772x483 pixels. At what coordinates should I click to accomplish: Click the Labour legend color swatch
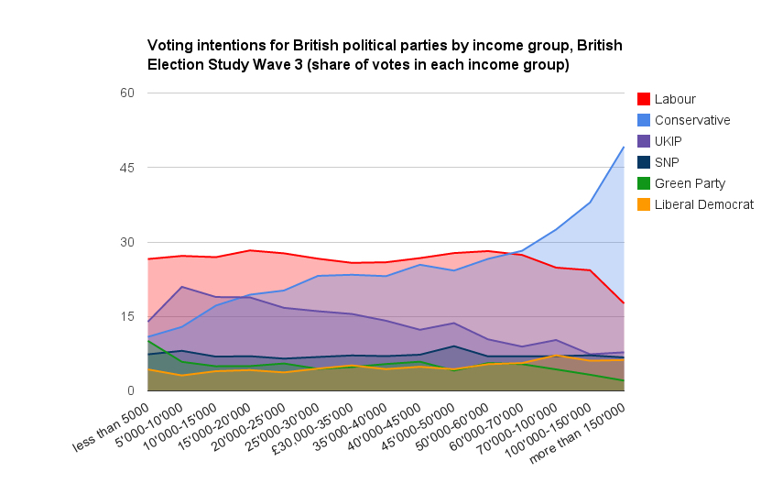tap(643, 99)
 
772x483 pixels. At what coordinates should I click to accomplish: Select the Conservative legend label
tap(692, 120)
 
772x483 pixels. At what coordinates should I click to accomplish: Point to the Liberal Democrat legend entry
tap(704, 204)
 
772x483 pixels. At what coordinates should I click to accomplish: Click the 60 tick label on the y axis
tap(127, 93)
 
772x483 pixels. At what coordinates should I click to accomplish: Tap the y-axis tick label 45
tap(127, 168)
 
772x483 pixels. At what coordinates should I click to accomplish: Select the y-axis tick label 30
tap(127, 242)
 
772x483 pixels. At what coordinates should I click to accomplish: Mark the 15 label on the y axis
tap(127, 316)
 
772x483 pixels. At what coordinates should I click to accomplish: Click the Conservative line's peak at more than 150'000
tap(624, 147)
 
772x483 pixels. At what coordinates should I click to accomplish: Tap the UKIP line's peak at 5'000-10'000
tap(183, 287)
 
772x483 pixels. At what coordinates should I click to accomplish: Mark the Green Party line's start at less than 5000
tap(147, 340)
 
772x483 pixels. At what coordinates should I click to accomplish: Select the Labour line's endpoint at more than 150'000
tap(624, 303)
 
